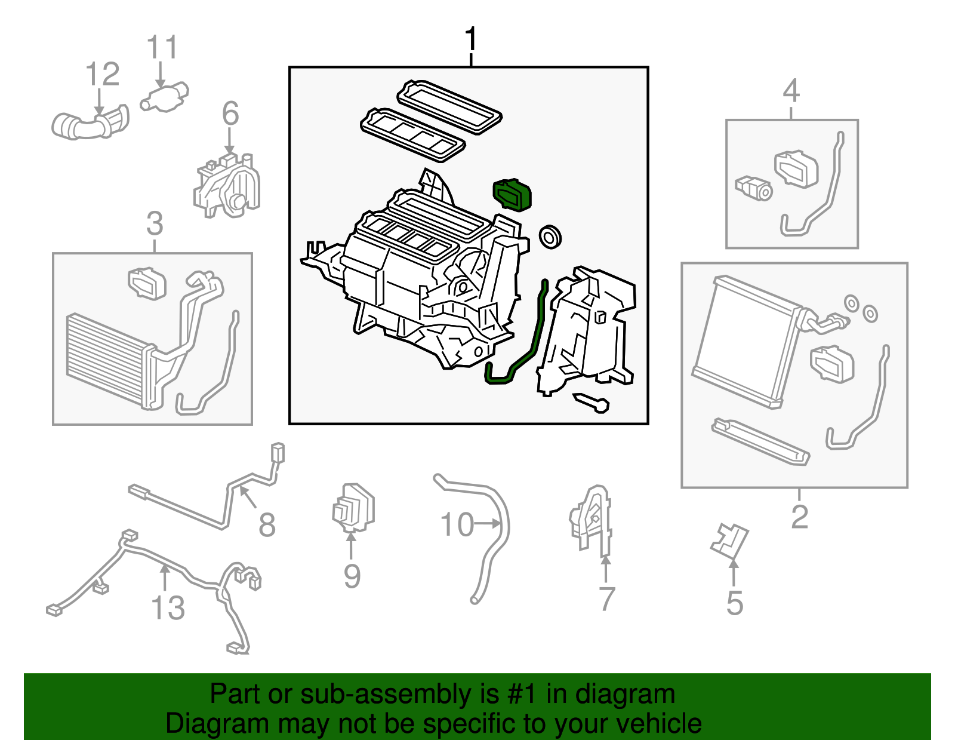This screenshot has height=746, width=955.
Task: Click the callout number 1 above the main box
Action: [471, 40]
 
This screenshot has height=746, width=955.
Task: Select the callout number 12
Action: [103, 75]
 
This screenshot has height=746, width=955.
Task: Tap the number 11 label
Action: [162, 48]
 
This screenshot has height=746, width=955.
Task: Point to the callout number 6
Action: [230, 114]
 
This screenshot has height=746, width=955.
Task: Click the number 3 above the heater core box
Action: [155, 224]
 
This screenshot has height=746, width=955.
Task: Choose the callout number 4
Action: [791, 91]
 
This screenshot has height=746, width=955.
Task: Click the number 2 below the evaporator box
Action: [799, 517]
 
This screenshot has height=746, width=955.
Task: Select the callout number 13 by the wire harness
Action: [168, 608]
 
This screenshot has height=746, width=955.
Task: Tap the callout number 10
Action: [457, 525]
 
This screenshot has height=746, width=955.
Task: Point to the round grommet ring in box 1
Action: [549, 237]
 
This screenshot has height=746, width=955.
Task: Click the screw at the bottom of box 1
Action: [592, 403]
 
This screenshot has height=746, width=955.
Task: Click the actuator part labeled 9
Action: [353, 508]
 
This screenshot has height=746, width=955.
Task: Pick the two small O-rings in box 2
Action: [861, 308]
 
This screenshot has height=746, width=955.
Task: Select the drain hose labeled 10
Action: [489, 538]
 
